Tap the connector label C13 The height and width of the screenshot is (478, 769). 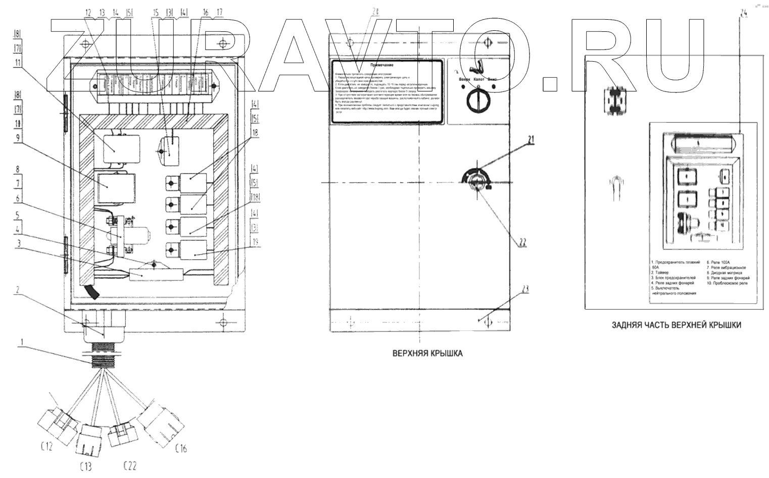86,465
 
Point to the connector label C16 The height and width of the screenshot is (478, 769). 180,447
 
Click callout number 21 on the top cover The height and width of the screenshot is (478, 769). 531,140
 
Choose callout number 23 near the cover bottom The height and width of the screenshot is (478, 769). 525,290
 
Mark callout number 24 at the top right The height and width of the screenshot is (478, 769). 743,14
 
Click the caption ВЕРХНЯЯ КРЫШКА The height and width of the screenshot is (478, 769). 427,354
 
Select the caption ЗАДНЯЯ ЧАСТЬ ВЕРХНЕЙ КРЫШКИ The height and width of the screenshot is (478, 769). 676,325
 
